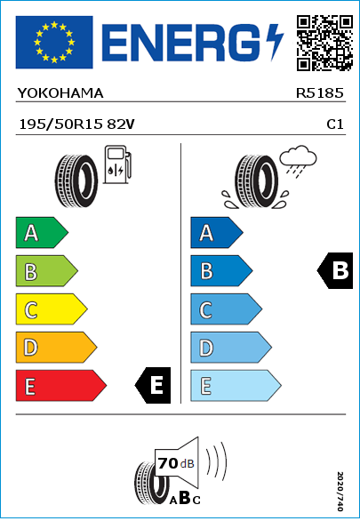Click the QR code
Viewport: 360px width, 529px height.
point(324,43)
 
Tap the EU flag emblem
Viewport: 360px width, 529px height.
point(54,42)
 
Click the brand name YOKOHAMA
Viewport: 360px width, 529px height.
point(60,93)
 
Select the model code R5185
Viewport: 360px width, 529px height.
point(319,93)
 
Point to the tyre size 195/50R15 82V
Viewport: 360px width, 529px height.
point(77,124)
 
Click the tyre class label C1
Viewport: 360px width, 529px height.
point(335,124)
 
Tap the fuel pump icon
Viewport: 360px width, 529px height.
point(117,164)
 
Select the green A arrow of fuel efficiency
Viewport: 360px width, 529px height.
point(42,232)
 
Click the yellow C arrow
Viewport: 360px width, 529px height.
point(52,309)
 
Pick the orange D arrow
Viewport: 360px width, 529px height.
point(56,348)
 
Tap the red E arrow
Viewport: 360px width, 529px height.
point(60,386)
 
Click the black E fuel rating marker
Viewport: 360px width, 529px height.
point(153,385)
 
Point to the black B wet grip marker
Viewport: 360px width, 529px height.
point(335,270)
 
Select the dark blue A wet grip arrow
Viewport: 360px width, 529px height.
point(217,232)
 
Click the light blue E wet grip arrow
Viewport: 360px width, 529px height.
point(236,386)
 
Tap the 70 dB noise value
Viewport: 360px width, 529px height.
point(176,463)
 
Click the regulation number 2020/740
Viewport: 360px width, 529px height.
point(340,491)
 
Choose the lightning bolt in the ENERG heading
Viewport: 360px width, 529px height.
point(275,43)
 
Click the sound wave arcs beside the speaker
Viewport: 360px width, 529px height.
point(216,460)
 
